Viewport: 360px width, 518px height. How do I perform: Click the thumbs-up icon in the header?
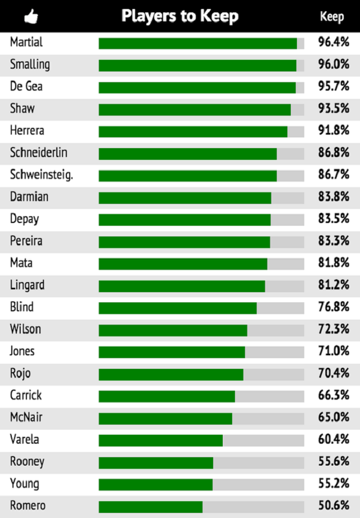(x=31, y=17)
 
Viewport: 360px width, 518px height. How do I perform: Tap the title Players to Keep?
(x=180, y=16)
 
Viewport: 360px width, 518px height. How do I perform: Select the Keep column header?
(x=331, y=17)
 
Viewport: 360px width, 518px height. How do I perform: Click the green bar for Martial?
(x=197, y=43)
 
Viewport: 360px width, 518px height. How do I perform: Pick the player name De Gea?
(x=26, y=87)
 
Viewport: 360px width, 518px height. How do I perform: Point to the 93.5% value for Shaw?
(x=334, y=109)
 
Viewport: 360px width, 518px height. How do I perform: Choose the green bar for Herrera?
(x=193, y=131)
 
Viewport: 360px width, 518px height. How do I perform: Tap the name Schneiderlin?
(x=39, y=153)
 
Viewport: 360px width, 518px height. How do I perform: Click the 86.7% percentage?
(x=334, y=175)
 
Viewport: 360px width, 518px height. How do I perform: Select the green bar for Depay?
(x=184, y=220)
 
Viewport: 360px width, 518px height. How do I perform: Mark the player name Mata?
(x=21, y=263)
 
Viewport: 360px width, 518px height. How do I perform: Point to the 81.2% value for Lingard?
(x=334, y=285)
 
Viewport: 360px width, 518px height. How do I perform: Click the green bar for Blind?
(x=178, y=308)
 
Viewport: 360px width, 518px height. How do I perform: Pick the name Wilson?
(x=25, y=329)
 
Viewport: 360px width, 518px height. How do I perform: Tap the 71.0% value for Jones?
(x=334, y=351)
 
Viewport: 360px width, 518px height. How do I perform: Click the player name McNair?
(x=26, y=417)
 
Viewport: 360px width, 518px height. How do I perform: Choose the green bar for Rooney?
(x=156, y=462)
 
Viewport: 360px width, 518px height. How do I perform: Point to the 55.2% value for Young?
(x=334, y=484)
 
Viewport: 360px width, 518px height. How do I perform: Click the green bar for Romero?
(x=150, y=506)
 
